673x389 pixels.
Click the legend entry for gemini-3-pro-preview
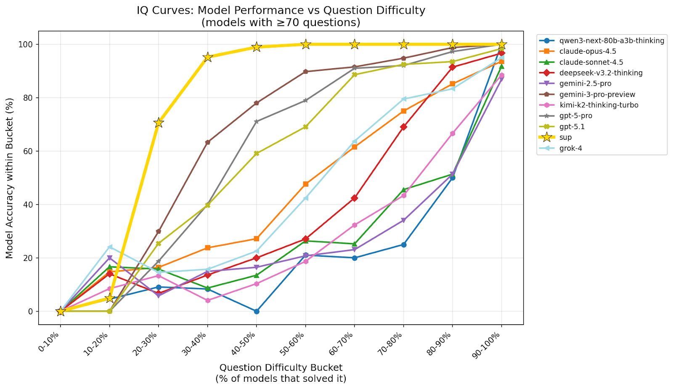point(597,94)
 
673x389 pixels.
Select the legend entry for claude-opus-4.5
point(588,51)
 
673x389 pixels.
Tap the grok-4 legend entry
point(570,148)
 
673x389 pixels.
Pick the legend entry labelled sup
point(565,137)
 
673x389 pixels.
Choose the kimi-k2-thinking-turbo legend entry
point(599,105)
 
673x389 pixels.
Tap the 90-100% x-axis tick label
point(490,345)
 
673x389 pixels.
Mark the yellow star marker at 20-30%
point(159,123)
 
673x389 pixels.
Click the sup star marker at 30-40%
point(207,57)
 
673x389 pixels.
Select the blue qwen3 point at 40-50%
point(257,312)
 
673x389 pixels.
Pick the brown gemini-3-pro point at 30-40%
point(207,142)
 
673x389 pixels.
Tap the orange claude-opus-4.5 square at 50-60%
point(306,184)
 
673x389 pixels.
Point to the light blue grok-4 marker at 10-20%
point(110,247)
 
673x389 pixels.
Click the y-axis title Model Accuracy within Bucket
point(10,178)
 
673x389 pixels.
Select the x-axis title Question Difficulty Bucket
point(281,368)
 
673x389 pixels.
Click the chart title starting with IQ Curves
point(281,11)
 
